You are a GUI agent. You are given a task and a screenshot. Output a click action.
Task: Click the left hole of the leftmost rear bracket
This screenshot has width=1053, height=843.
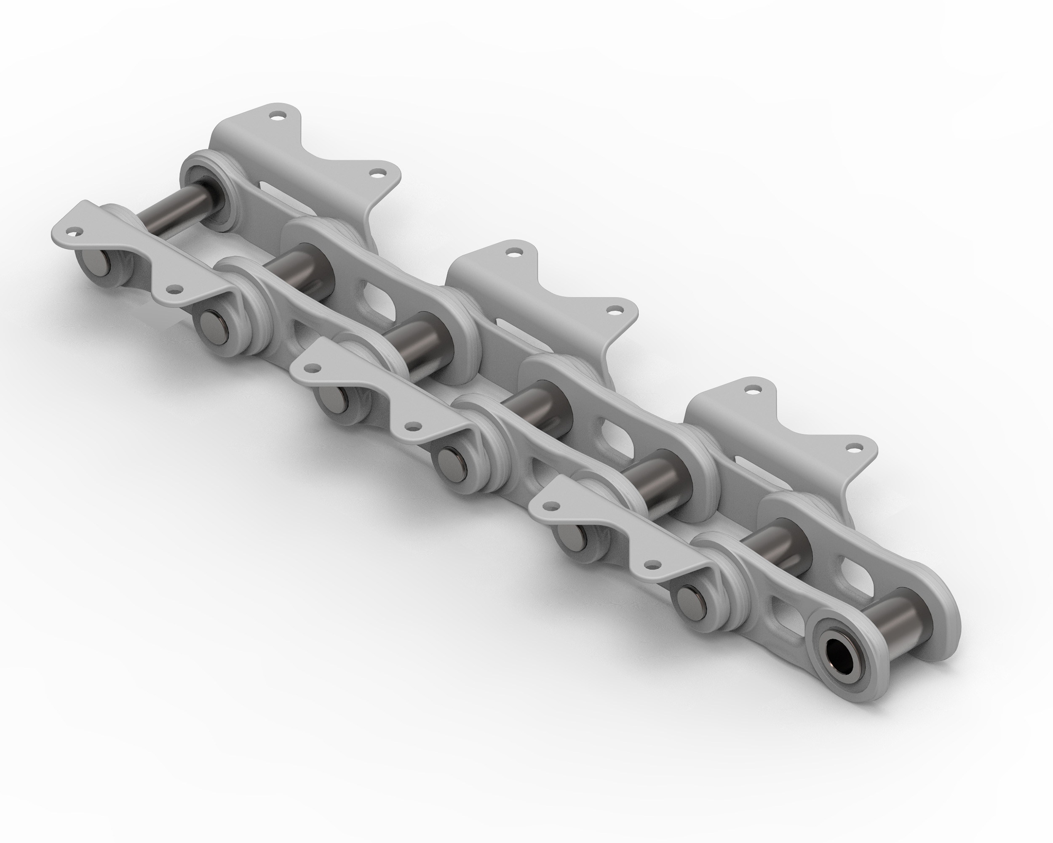(278, 117)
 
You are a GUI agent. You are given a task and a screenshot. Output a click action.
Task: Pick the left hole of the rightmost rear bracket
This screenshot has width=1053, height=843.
(753, 390)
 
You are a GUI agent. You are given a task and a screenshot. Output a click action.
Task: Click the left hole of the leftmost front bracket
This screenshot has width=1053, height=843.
(73, 231)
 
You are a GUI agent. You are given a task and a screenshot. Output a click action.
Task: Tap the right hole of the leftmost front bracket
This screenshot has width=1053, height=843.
(172, 290)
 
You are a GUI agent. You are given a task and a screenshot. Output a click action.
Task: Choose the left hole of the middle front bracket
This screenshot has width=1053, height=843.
(312, 368)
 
